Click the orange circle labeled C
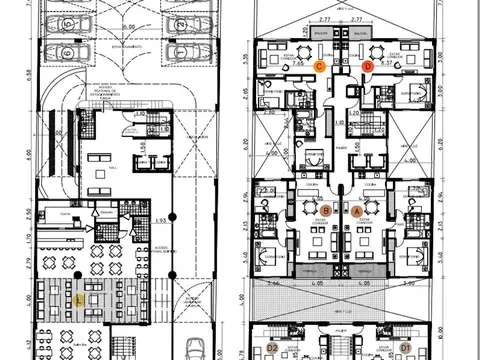[319, 65]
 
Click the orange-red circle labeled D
[367, 66]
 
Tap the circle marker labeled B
[326, 210]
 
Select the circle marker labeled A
[358, 210]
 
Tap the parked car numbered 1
[181, 53]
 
